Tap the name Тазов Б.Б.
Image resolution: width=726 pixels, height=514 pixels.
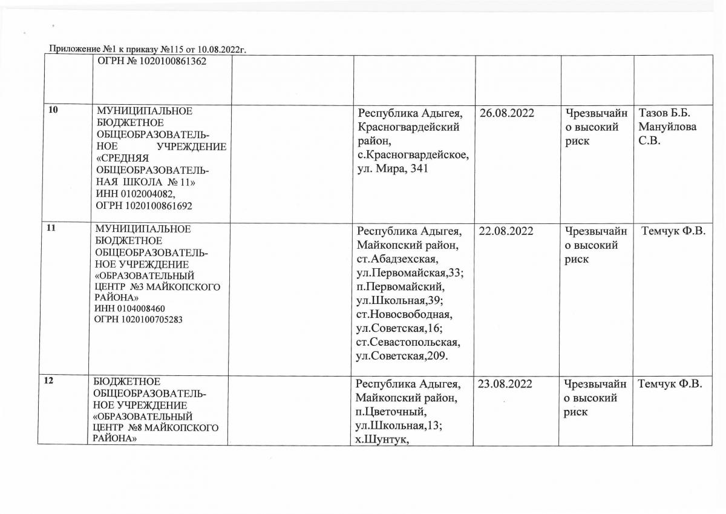point(664,113)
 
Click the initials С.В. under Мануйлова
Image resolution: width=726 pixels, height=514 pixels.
point(651,142)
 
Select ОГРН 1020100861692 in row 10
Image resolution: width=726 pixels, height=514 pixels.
point(137,205)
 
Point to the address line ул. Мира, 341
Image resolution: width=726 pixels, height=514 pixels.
point(393,169)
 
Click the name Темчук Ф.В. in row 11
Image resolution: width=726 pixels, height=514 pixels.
point(673,231)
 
